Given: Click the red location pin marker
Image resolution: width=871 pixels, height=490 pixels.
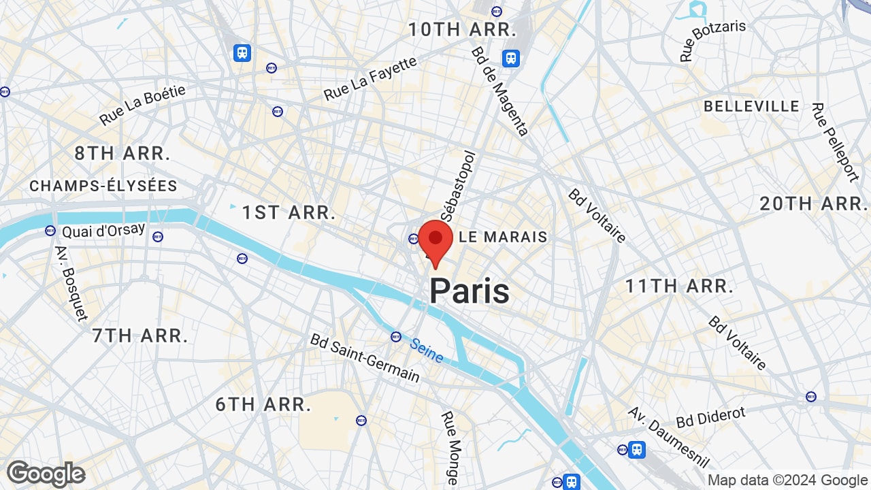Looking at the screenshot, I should pyautogui.click(x=435, y=242).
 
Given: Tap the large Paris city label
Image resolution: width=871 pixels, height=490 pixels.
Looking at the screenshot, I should pyautogui.click(x=470, y=291).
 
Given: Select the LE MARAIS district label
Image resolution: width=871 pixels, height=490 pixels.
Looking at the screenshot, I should pyautogui.click(x=504, y=237).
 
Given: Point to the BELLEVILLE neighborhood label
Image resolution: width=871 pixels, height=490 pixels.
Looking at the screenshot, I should pyautogui.click(x=751, y=106).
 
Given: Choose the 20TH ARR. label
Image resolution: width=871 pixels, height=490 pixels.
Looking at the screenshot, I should pyautogui.click(x=814, y=203).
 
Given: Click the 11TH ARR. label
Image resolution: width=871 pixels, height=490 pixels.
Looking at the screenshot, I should pyautogui.click(x=679, y=286).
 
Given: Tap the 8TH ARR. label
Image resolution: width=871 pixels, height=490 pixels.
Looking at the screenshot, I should pyautogui.click(x=122, y=153).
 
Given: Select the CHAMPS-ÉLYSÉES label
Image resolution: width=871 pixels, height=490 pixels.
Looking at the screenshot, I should pyautogui.click(x=103, y=186).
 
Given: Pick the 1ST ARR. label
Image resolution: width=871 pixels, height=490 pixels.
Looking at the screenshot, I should pyautogui.click(x=289, y=212).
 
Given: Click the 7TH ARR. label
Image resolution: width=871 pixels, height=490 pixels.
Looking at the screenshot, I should pyautogui.click(x=139, y=335).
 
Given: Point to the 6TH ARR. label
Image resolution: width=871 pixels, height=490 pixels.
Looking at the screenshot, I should pyautogui.click(x=263, y=404).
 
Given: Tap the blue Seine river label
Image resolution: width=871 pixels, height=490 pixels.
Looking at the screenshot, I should pyautogui.click(x=427, y=351).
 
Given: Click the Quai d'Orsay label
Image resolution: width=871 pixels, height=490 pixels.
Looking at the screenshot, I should pyautogui.click(x=103, y=230).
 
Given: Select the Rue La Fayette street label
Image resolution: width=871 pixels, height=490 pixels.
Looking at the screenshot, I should pyautogui.click(x=370, y=79).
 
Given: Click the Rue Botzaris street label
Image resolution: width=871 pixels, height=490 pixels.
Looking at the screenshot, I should pyautogui.click(x=713, y=41).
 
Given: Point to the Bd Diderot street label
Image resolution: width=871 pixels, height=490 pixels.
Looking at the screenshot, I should pyautogui.click(x=710, y=416).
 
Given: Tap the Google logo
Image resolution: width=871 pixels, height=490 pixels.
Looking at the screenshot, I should pyautogui.click(x=46, y=474).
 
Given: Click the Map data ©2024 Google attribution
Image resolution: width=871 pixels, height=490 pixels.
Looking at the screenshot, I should pyautogui.click(x=787, y=480).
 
